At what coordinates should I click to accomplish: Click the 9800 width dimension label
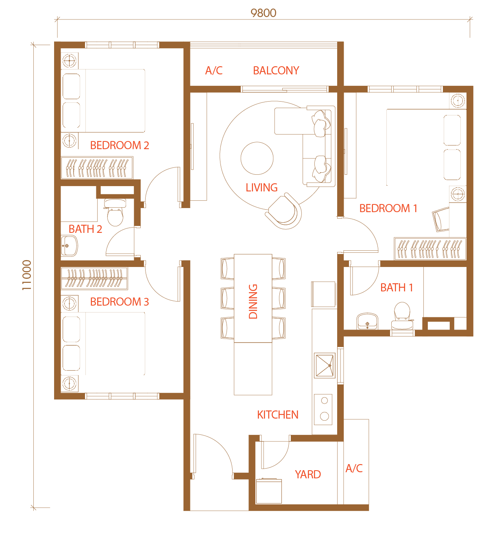[x=263, y=13]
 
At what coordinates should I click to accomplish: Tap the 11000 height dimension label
[x=27, y=275]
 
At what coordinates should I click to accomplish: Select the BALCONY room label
[x=276, y=70]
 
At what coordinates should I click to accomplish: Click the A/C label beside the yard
[x=354, y=468]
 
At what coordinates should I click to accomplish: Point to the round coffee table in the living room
[x=257, y=158]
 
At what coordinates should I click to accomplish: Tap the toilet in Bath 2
[x=115, y=213]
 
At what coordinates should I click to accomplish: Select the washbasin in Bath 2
[x=69, y=246]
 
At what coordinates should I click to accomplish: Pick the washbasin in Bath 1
[x=367, y=321]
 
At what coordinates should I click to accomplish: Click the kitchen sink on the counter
[x=325, y=365]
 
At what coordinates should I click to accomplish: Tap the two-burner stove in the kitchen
[x=323, y=410]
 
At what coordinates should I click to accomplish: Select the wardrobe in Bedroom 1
[x=430, y=248]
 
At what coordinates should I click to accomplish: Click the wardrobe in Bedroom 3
[x=94, y=278]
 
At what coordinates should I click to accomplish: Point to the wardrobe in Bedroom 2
[x=97, y=168]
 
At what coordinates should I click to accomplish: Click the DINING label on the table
[x=253, y=302]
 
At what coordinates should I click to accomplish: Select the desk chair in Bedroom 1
[x=441, y=219]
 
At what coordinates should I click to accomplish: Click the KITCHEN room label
[x=277, y=415]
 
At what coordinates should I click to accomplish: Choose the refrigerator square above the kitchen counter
[x=323, y=294]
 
